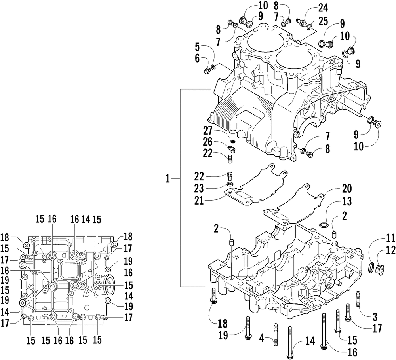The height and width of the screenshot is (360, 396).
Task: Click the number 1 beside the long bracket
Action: tap(168, 179)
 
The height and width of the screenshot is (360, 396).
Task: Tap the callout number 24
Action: tap(323, 8)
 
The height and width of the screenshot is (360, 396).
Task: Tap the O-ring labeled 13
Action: tap(324, 225)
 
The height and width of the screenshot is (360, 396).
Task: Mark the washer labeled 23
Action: tap(230, 184)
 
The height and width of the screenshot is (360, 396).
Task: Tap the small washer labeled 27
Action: tap(233, 141)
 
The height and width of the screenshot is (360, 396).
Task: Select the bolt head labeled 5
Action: tap(206, 72)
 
